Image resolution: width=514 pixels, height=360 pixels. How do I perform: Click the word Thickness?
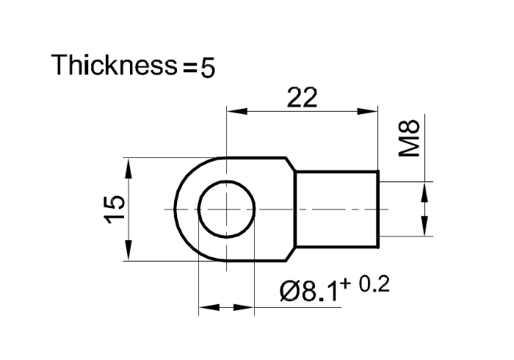point(112,65)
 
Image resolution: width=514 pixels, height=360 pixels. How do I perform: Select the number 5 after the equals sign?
point(208,68)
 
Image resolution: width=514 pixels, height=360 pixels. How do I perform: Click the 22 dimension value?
point(301,98)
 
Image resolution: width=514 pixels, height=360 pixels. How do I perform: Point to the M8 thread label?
point(409,139)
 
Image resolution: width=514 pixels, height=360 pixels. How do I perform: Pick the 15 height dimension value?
point(115,209)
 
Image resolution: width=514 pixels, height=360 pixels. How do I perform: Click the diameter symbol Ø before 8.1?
point(290,292)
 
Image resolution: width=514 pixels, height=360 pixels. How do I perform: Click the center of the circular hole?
point(227,209)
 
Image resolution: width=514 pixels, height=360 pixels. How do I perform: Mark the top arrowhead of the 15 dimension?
point(130,166)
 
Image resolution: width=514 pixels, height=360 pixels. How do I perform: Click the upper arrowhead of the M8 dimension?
point(424,192)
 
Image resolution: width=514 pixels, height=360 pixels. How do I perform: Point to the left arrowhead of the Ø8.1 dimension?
point(208,309)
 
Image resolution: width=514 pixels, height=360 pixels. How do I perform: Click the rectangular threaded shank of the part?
point(336,209)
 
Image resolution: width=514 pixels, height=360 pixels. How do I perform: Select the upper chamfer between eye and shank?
point(290,164)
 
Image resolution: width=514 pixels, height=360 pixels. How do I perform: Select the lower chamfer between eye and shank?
point(290,255)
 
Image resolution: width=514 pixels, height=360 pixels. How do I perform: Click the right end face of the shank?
point(379,209)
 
